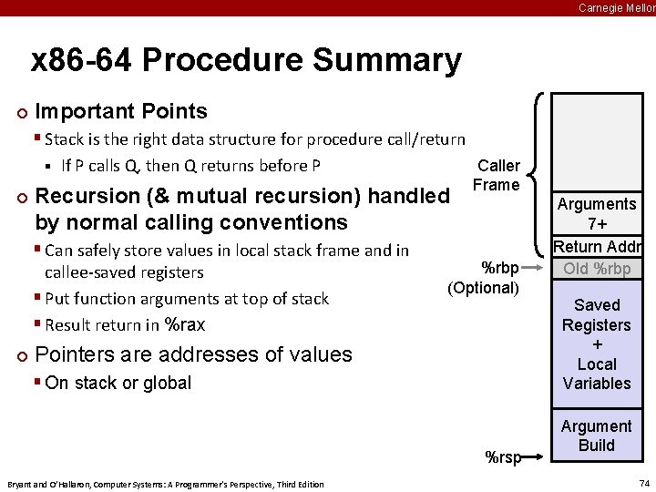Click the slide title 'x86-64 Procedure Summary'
pyautogui.click(x=246, y=61)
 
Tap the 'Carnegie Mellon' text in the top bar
pyautogui.click(x=616, y=7)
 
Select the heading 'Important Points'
pyautogui.click(x=121, y=111)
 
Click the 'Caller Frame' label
pyautogui.click(x=497, y=175)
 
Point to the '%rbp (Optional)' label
pyautogui.click(x=485, y=278)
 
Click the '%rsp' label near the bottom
pyautogui.click(x=503, y=457)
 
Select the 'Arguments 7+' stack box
pyautogui.click(x=597, y=214)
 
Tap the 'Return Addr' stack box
pyautogui.click(x=597, y=247)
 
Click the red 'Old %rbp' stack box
pyautogui.click(x=597, y=268)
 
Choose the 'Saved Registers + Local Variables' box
pyautogui.click(x=597, y=343)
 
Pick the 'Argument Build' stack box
pyautogui.click(x=597, y=436)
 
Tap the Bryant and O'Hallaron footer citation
pyautogui.click(x=165, y=484)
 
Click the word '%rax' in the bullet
pyautogui.click(x=184, y=324)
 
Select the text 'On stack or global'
pyautogui.click(x=118, y=383)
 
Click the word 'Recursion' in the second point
pyautogui.click(x=87, y=196)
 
